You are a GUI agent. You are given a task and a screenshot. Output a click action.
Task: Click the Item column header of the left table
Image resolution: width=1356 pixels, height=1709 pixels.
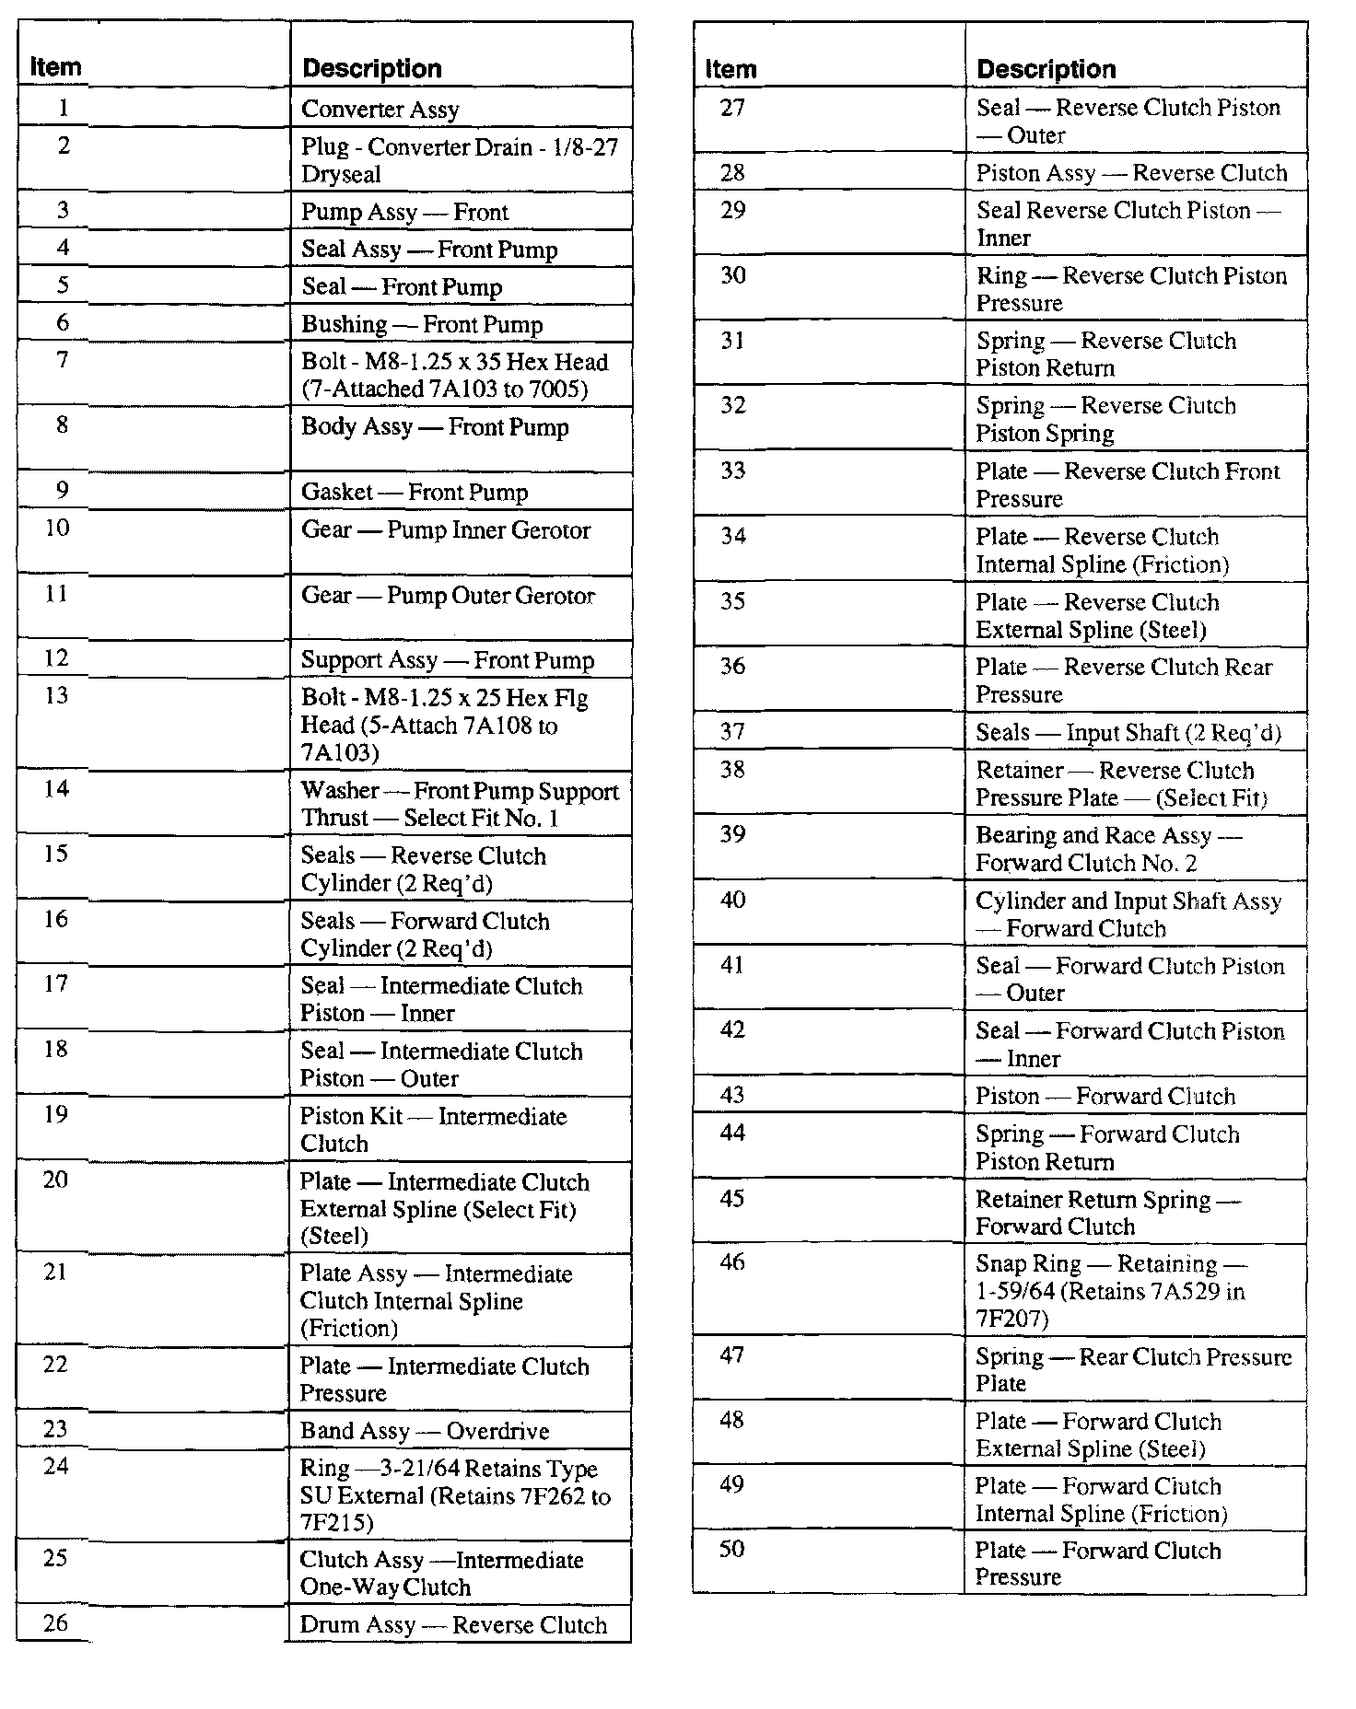[x=55, y=67]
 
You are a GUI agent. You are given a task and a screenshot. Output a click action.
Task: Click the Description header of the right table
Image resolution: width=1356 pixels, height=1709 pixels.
[x=1046, y=69]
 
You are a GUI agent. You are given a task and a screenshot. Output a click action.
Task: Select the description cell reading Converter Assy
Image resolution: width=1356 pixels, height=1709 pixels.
[x=380, y=110]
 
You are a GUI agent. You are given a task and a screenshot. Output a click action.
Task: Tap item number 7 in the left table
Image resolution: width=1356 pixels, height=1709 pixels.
[x=63, y=360]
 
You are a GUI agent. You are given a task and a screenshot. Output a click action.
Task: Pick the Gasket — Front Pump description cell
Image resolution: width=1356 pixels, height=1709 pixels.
[x=415, y=493]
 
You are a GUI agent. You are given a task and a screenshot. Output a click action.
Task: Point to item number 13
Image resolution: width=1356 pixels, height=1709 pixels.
[x=56, y=696]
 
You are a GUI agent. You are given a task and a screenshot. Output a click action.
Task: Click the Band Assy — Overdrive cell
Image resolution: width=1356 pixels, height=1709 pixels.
[x=425, y=1431]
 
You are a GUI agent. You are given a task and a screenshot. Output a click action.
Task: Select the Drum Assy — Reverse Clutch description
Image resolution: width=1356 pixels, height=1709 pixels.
[x=453, y=1625]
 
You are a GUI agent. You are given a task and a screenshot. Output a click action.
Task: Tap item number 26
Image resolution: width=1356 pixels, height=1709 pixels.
[x=56, y=1623]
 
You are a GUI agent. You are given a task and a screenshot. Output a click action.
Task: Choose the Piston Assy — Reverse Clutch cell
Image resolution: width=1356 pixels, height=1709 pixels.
[x=1131, y=173]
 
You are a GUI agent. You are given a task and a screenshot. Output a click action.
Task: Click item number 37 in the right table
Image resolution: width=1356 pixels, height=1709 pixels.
[x=732, y=731]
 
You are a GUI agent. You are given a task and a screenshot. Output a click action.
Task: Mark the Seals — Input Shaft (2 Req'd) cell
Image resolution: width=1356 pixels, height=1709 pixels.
[x=1128, y=733]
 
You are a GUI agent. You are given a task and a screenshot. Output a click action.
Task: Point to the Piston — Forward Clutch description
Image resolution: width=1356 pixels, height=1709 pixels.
[x=1105, y=1097]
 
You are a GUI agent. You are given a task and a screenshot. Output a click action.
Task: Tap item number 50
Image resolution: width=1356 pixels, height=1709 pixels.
[x=731, y=1550]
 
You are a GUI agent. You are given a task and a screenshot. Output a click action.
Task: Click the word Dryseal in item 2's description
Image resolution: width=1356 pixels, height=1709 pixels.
[x=341, y=174]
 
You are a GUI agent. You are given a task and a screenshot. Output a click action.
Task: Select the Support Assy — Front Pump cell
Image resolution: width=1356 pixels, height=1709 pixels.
[x=448, y=660]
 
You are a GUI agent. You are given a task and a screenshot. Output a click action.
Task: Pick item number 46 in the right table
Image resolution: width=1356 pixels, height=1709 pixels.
[x=732, y=1262]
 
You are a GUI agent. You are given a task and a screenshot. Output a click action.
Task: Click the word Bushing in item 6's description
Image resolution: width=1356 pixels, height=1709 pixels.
[x=344, y=324]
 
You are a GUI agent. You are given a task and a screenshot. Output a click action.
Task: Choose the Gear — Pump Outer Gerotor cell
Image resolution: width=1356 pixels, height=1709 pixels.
[x=448, y=596]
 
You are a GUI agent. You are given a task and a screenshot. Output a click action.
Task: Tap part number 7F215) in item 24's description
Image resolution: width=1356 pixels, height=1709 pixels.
[x=336, y=1523]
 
